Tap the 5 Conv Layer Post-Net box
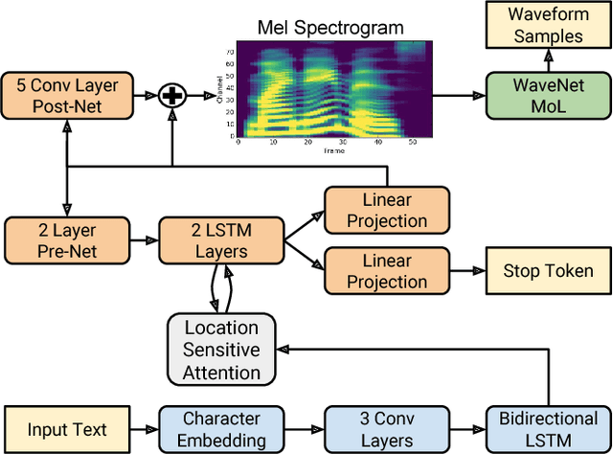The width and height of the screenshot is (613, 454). (x=63, y=95)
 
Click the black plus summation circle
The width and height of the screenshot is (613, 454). (x=171, y=95)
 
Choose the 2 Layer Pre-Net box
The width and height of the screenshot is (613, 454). (x=63, y=240)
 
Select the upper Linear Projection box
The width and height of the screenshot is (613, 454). (x=377, y=210)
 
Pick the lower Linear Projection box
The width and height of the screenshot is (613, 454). (x=377, y=271)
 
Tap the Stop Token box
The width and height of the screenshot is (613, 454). (x=542, y=271)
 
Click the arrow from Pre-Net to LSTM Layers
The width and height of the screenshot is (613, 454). (x=142, y=240)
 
